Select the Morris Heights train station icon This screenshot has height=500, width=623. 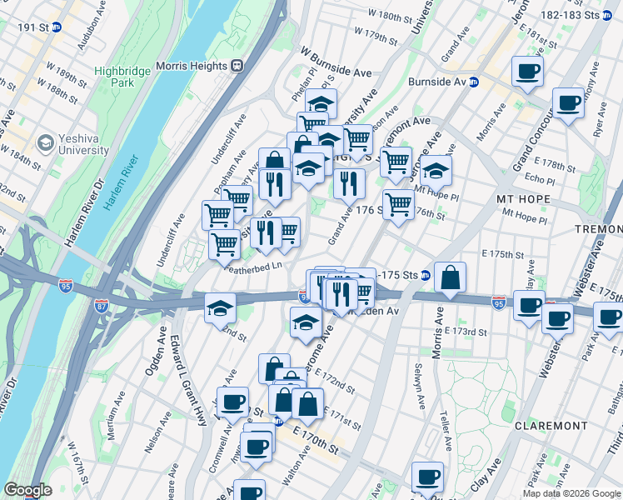click(x=237, y=65)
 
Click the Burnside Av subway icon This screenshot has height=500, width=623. click(x=473, y=82)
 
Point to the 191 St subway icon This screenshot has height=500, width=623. click(x=55, y=27)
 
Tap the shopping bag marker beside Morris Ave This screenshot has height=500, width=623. click(x=450, y=279)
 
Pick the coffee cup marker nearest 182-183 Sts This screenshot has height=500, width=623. click(x=527, y=71)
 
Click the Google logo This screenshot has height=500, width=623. click(x=27, y=490)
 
